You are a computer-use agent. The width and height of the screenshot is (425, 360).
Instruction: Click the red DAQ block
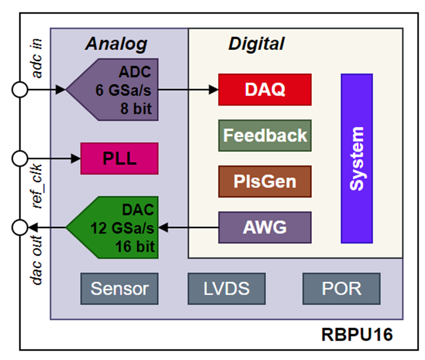pos(264,90)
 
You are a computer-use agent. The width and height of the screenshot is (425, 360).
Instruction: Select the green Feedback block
pos(264,135)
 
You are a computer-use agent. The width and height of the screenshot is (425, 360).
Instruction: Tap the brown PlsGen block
pos(264,181)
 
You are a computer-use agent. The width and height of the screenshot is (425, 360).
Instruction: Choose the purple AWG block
pos(264,227)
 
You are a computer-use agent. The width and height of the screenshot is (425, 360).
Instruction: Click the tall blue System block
pos(356,158)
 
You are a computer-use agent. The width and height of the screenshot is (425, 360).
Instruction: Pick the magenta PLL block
pos(119,158)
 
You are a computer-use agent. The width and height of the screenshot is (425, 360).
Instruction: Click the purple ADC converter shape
pos(114,90)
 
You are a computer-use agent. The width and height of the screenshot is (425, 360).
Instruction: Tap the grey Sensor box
pos(120,288)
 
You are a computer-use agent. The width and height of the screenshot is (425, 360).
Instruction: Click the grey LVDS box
pos(226,288)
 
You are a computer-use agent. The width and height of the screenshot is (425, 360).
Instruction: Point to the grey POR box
pos(341,288)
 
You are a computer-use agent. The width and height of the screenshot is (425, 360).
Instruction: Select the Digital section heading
pos(256,44)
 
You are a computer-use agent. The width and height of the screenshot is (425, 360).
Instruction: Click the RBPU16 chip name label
pos(356,335)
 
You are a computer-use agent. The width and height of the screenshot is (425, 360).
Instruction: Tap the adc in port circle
pos(20,90)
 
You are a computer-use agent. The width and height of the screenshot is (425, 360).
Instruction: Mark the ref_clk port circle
pos(20,158)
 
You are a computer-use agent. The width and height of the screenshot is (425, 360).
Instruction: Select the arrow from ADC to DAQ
pos(188,90)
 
